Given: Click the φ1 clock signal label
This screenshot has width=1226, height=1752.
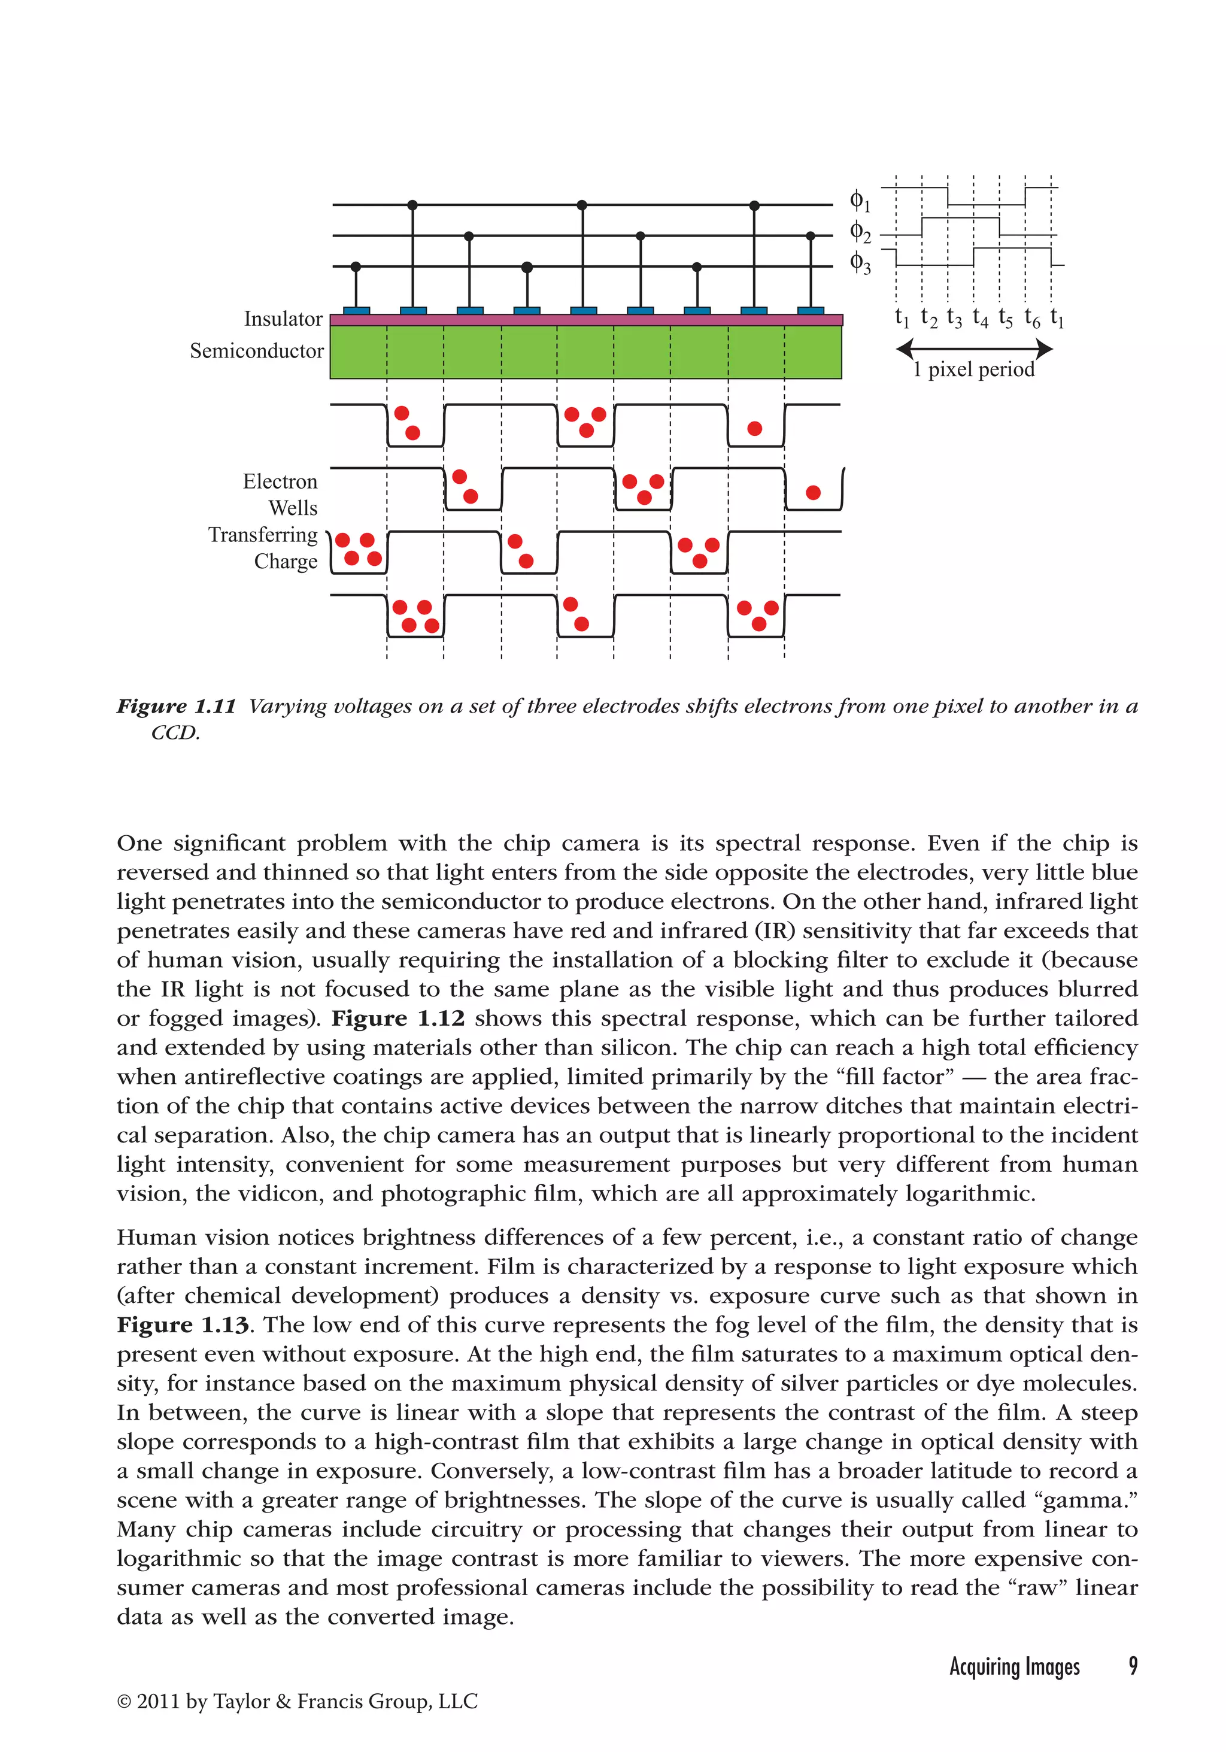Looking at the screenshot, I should coord(859,201).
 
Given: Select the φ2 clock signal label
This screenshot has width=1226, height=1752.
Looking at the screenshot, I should coord(860,232).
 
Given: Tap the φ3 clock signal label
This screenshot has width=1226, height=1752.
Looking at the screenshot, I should coord(860,263).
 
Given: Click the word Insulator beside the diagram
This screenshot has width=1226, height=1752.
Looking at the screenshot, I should coord(283,319).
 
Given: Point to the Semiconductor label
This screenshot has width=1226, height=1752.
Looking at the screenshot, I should coord(256,351).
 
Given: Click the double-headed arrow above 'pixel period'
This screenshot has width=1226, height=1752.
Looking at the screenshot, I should coord(974,350).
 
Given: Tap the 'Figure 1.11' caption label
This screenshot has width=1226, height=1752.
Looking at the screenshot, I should coord(176,706).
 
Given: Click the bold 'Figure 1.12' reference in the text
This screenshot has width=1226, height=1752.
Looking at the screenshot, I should coord(397,1019).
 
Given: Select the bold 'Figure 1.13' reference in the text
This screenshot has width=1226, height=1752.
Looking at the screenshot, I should coord(183,1326).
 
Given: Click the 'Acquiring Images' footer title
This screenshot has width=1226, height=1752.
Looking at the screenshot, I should coord(1014,1666).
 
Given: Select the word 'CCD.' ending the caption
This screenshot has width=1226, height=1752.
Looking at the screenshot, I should coord(175,733).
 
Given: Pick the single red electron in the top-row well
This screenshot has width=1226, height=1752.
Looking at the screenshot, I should coord(754,428).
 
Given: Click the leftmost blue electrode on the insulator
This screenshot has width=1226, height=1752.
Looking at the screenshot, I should coord(356,311).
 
